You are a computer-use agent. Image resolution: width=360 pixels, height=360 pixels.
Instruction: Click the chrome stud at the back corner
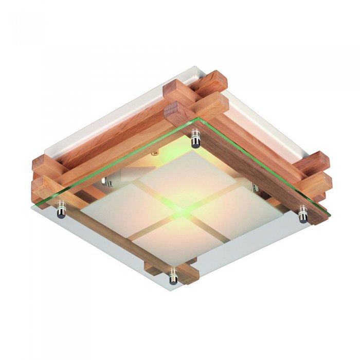click(195, 138)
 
